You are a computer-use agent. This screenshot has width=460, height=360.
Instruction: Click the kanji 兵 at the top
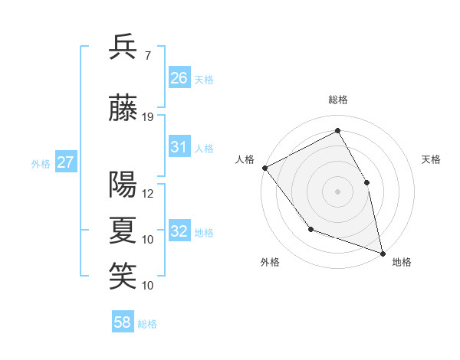(123, 47)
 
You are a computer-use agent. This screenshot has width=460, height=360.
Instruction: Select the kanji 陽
(123, 184)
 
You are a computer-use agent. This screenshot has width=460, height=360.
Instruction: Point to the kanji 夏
(123, 229)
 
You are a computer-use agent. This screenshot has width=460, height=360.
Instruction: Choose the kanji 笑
(123, 275)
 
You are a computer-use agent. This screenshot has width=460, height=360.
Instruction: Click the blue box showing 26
(179, 78)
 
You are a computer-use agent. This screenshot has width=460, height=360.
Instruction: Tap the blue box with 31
(179, 147)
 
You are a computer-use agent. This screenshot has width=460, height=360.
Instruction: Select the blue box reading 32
(179, 231)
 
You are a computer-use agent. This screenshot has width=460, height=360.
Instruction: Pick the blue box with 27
(66, 162)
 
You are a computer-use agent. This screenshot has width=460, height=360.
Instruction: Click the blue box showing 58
(123, 323)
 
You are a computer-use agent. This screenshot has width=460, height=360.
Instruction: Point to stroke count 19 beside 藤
(148, 116)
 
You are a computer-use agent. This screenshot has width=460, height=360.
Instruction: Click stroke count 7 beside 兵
(147, 56)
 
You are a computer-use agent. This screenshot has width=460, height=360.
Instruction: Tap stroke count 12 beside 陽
(148, 194)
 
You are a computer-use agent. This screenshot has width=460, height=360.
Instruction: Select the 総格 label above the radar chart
(338, 100)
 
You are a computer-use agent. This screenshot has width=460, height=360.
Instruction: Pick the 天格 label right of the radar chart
(431, 159)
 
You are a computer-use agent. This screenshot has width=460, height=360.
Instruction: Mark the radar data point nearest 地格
(383, 253)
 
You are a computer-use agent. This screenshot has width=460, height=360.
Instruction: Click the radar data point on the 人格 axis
(264, 168)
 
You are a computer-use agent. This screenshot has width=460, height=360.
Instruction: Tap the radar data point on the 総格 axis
(338, 131)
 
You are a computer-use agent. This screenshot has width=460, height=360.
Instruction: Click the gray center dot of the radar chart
(338, 191)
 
